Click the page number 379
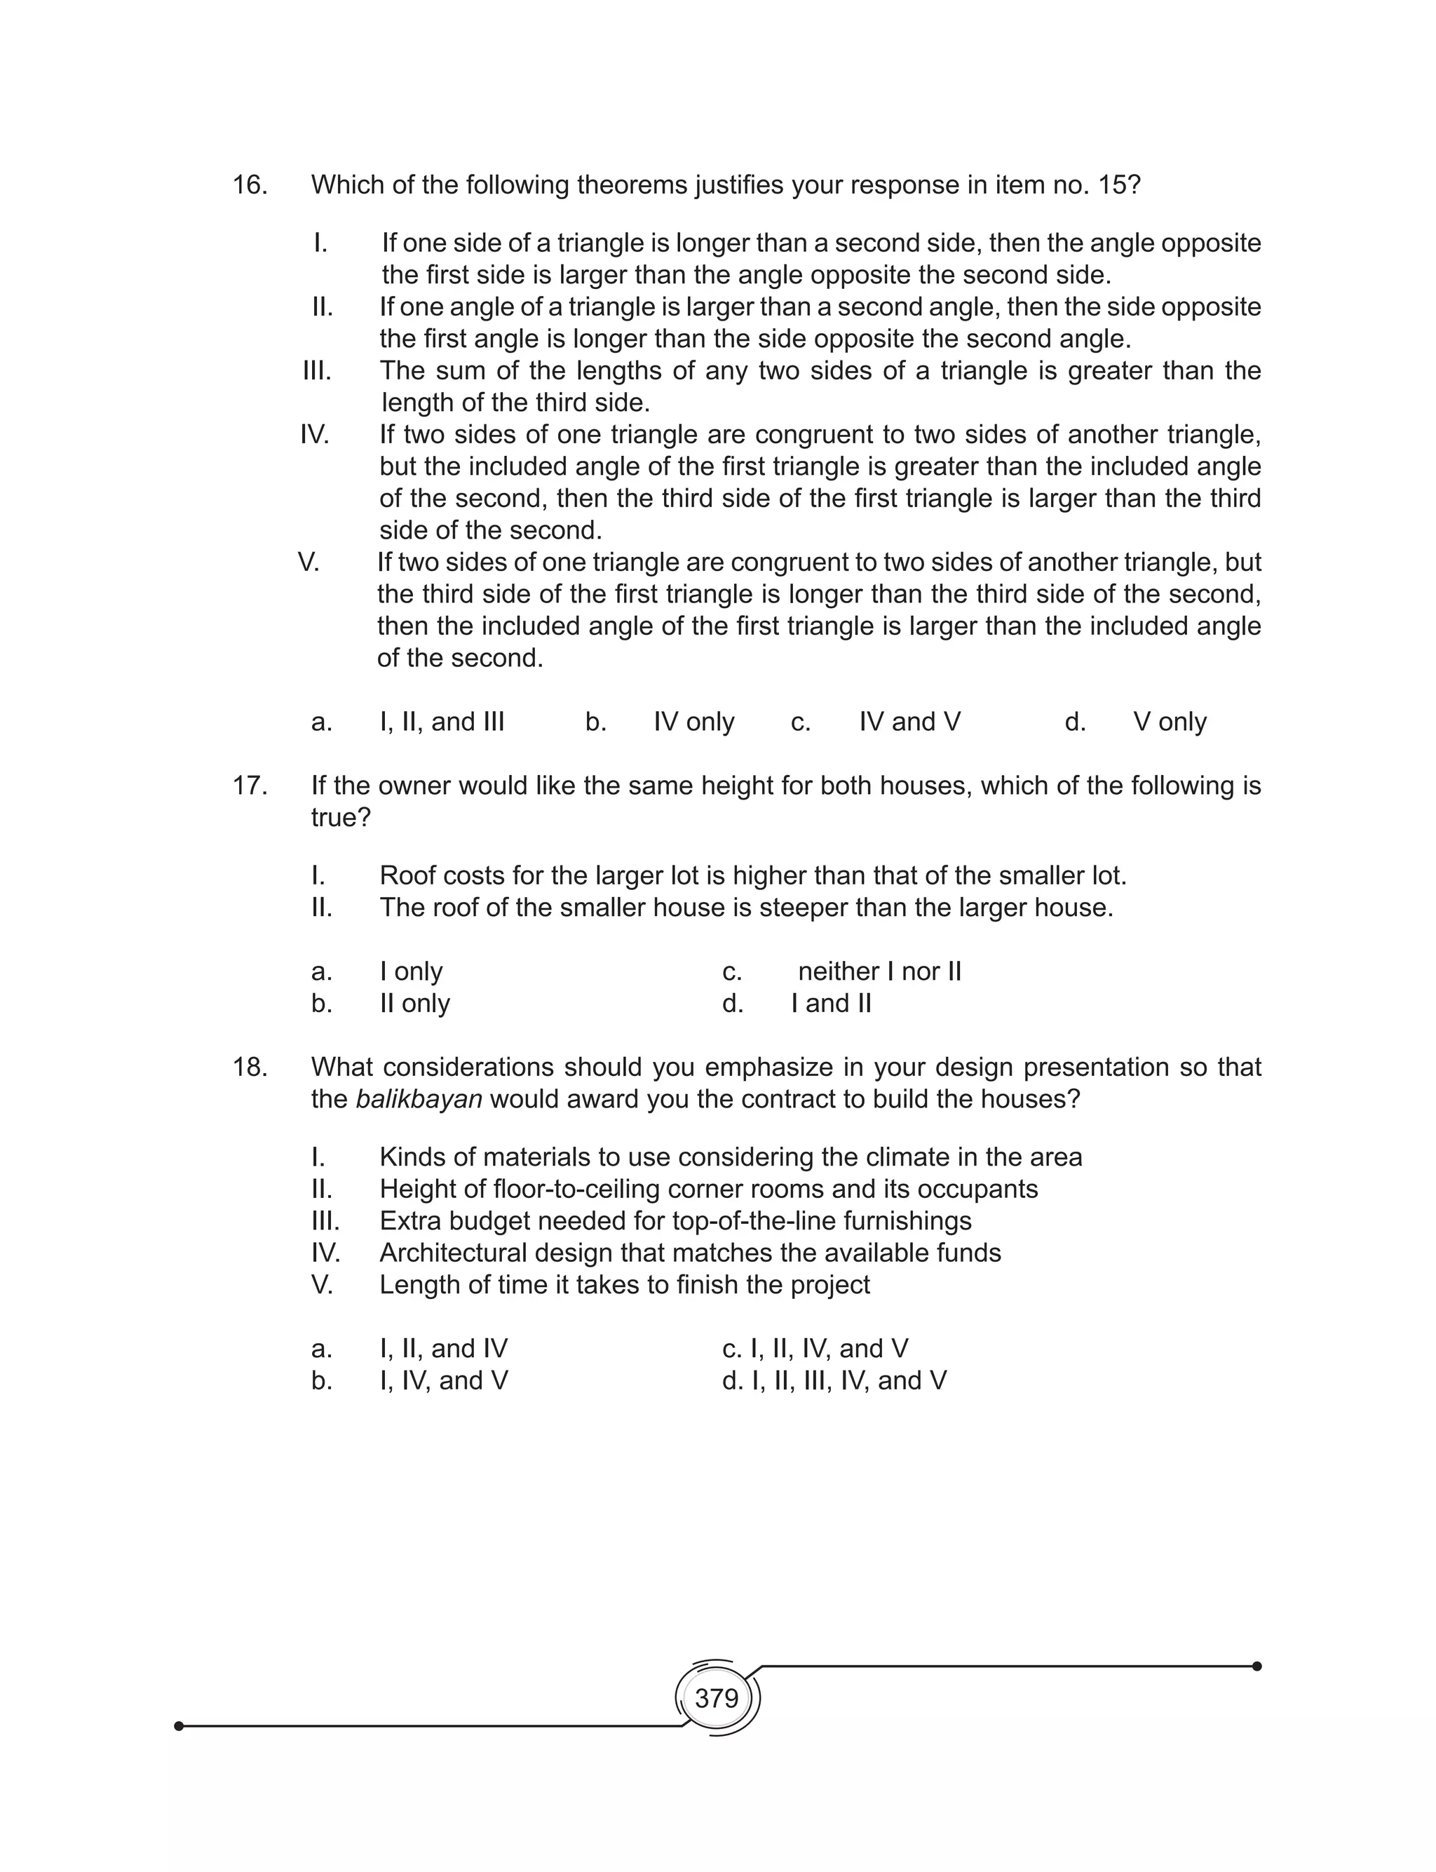pos(717,1697)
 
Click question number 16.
pos(250,185)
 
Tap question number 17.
pos(250,786)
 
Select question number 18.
pos(250,1067)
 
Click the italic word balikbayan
pos(419,1099)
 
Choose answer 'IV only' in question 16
pos(693,722)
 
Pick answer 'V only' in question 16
pos(1170,722)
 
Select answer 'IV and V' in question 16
pos(909,722)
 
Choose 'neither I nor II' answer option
pos(879,972)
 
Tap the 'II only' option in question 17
pos(414,1004)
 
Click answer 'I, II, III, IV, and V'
pos(849,1380)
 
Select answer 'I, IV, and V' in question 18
pos(444,1380)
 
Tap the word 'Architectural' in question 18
pos(453,1253)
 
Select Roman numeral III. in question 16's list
pos(317,371)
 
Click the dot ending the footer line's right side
pos(1256,1666)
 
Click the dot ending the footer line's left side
pos(179,1726)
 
